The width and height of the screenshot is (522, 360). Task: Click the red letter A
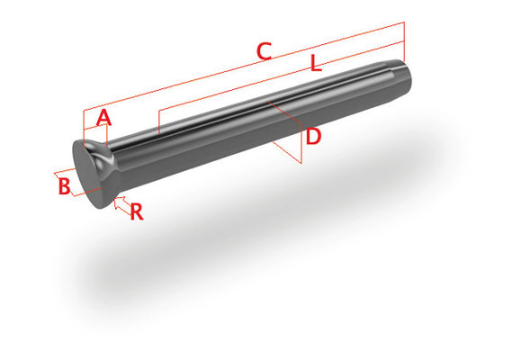(x=103, y=117)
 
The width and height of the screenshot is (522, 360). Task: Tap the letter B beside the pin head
(x=64, y=186)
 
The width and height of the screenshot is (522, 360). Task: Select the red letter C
(x=263, y=52)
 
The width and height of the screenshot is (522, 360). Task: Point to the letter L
(x=315, y=65)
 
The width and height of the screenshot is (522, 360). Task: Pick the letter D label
(x=312, y=137)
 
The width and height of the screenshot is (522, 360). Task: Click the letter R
(x=137, y=212)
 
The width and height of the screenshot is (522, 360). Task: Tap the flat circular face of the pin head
(x=88, y=171)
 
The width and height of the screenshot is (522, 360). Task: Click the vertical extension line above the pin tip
(x=405, y=40)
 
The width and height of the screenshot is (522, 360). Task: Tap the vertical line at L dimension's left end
(x=158, y=121)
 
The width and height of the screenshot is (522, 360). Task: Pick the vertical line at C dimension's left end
(x=83, y=126)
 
